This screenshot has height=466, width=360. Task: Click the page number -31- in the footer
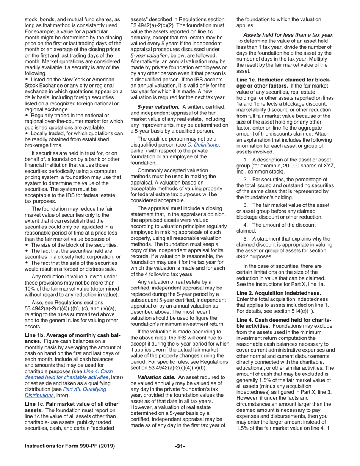pyautogui.click(x=180, y=446)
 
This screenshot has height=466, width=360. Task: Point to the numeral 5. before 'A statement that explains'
pyautogui.click(x=246, y=238)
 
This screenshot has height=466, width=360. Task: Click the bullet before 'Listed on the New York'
pyautogui.click(x=26, y=80)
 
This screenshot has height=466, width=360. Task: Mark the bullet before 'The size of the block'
pyautogui.click(x=26, y=245)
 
